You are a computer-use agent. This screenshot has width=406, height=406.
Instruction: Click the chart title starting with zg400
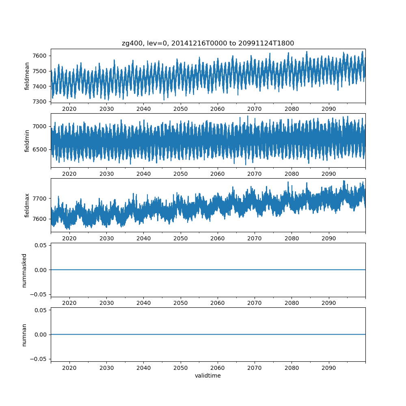208,43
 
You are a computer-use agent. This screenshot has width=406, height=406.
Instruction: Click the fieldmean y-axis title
27,76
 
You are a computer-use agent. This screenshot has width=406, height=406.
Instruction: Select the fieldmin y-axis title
27,140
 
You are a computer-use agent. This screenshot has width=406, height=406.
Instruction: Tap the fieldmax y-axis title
27,205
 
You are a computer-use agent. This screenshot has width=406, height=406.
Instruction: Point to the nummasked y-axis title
24,270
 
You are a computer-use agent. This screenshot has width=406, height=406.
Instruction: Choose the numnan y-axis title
24,335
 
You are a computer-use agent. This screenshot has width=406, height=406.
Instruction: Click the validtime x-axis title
208,376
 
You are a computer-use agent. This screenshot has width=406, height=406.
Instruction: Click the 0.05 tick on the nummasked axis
40,245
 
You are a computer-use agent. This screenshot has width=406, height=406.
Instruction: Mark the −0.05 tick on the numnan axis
38,359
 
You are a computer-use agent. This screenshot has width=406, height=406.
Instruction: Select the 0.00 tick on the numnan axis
40,335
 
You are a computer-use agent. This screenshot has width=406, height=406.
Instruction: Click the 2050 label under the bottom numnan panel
181,368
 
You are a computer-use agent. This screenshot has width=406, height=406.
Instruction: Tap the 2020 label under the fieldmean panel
69,109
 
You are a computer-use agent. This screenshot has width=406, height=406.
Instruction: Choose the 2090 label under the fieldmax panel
328,238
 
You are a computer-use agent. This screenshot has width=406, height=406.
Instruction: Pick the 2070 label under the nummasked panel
255,303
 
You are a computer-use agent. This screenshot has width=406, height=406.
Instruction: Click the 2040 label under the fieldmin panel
143,173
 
